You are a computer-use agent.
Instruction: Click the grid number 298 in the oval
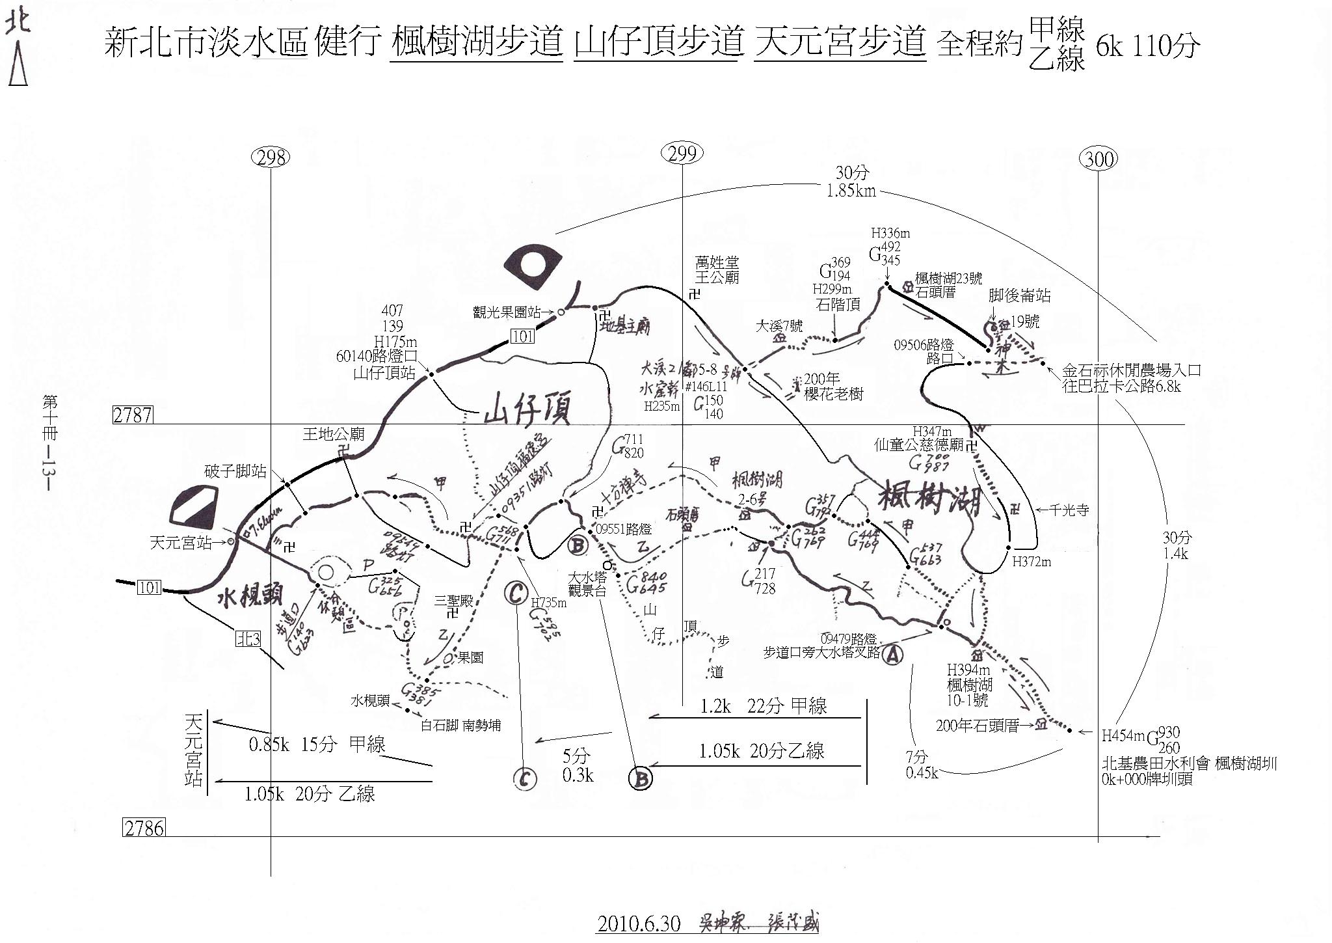271,157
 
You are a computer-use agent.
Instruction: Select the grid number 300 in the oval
1098,158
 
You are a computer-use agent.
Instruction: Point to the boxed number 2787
133,415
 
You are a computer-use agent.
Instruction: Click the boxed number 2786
144,828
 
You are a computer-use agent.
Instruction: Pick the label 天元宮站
180,542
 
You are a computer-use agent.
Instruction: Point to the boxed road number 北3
248,640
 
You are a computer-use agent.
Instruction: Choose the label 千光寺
1068,511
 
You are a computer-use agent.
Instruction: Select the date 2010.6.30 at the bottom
639,924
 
